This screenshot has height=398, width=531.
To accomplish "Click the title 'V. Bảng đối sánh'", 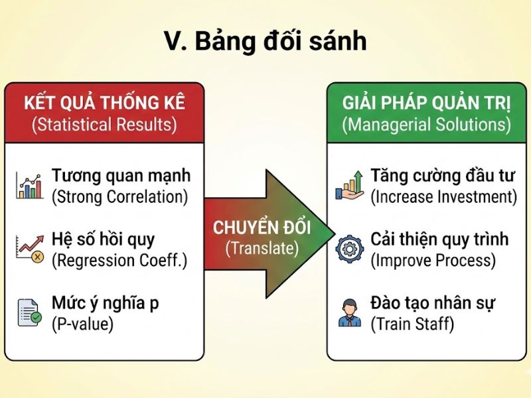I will click(265, 41).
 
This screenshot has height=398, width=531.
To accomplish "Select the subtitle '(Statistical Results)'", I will click(105, 124).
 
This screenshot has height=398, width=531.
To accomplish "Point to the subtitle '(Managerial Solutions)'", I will click(426, 124).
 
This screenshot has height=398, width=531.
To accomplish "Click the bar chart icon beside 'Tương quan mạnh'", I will click(29, 186).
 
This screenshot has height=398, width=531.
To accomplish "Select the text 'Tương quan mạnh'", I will click(121, 176).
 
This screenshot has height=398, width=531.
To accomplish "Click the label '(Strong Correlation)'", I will click(119, 197).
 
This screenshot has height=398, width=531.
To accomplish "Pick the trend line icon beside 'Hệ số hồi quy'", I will click(29, 249).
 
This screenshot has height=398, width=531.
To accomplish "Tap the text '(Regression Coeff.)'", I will click(119, 261).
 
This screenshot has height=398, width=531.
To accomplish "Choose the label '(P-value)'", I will click(83, 324).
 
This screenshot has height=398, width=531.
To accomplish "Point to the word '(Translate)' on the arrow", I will click(264, 249).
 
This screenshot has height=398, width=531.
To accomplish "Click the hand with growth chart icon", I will click(349, 186).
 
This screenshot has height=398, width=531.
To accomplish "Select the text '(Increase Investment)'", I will click(443, 197).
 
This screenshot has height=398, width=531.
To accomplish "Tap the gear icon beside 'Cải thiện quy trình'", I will click(349, 249).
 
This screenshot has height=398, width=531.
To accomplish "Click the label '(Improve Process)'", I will click(433, 261).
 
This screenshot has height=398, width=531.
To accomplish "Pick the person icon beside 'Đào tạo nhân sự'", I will click(349, 312).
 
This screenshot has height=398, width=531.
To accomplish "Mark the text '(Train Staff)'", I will click(412, 324).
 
